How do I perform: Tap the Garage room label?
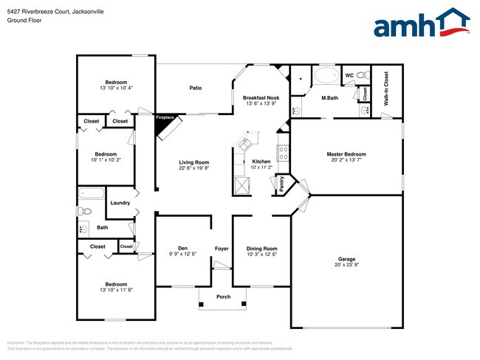(x=346, y=259)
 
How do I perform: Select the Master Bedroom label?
(x=346, y=154)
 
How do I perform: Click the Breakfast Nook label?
(x=261, y=98)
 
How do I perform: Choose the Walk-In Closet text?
(x=385, y=89)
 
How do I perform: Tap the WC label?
(x=350, y=75)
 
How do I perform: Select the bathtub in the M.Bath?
(x=325, y=76)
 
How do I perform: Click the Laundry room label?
(x=120, y=203)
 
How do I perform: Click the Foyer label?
(x=222, y=249)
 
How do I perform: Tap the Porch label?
(x=223, y=297)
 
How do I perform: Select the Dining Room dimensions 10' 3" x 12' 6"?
(x=261, y=255)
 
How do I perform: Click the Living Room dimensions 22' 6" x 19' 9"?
(x=194, y=168)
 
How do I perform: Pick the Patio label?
(x=195, y=88)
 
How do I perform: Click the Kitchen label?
(x=261, y=162)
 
